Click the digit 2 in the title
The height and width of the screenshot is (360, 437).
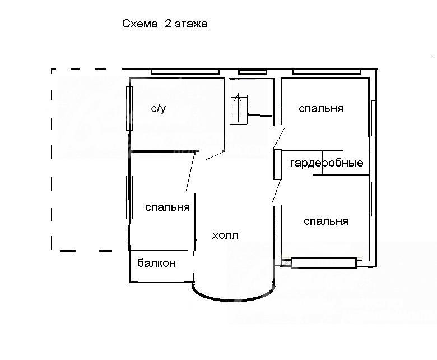coord(168,24)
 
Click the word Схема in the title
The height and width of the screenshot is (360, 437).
coord(140,24)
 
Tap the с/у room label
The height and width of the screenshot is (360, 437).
coord(159,108)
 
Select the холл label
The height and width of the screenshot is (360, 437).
coord(225,236)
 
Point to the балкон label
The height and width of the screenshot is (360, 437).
coord(157,263)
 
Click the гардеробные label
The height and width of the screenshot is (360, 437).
coord(327,163)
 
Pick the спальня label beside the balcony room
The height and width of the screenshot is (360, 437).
coord(168,207)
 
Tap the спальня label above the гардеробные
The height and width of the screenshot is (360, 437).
coord(321,108)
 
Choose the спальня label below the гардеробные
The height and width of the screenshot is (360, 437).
coord(326,221)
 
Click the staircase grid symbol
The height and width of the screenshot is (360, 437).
coord(239,109)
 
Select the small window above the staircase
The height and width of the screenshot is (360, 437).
coord(253,72)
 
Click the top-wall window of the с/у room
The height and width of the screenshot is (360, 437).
coord(185,72)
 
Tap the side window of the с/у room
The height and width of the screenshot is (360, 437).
coord(129,108)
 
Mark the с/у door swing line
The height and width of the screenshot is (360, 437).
coord(216,155)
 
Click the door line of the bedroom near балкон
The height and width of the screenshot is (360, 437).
coord(190,170)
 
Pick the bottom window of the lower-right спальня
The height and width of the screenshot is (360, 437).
coord(324,262)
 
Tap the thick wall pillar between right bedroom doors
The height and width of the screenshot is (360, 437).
coord(277,164)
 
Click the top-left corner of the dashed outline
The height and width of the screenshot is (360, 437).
coord(52,69)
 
